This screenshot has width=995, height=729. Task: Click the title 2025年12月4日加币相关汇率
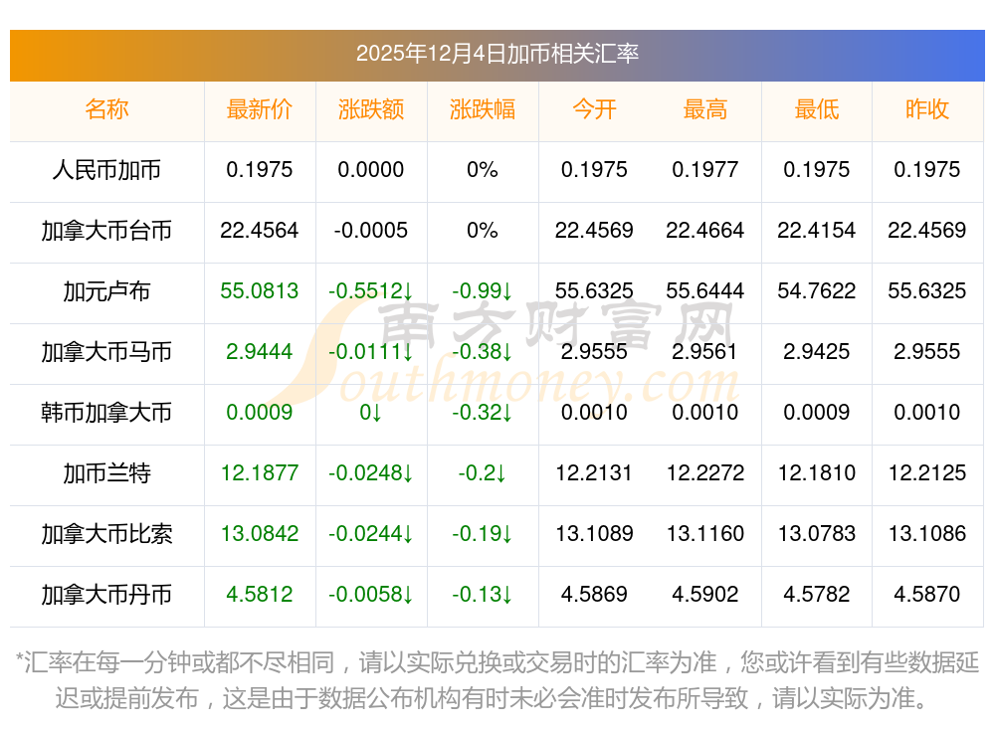(x=497, y=54)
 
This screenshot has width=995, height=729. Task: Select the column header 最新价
(x=260, y=109)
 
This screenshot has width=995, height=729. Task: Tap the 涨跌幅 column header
(x=483, y=109)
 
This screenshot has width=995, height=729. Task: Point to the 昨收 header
(x=927, y=109)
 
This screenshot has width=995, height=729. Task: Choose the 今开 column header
(x=594, y=109)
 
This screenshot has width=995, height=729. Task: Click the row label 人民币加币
(x=106, y=170)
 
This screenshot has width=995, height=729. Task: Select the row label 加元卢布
(x=106, y=291)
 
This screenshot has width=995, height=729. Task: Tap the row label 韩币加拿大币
(x=106, y=413)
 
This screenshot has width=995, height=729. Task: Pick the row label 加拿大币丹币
(x=106, y=595)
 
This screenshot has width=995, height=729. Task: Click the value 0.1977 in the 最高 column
(x=705, y=170)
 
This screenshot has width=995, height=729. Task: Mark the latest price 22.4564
(x=260, y=231)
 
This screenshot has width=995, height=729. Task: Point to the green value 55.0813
(x=260, y=291)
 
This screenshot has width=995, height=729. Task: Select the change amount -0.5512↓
(x=371, y=291)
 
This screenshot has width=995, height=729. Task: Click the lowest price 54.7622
(x=817, y=291)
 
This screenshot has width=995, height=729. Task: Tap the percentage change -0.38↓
(x=483, y=352)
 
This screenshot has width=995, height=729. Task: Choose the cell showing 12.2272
(x=705, y=473)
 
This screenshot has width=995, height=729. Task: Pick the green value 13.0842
(x=260, y=534)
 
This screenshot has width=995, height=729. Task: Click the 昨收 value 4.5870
(x=927, y=595)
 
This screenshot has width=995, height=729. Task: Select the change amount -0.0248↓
(x=371, y=473)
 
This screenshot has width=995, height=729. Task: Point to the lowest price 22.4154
(x=817, y=231)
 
